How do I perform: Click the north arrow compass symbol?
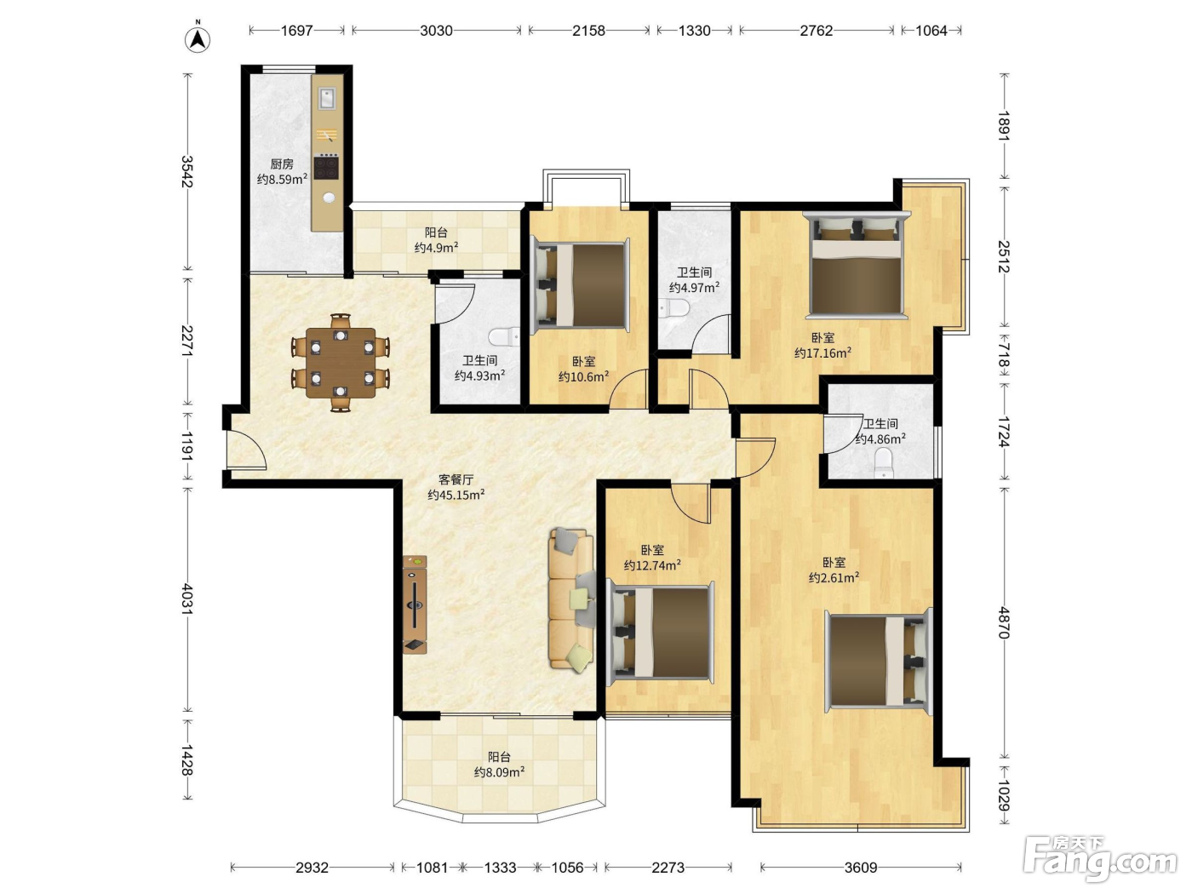(198, 38)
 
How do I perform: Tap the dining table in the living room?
(341, 363)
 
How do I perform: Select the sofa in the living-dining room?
(572, 599)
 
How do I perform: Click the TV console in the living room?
(415, 605)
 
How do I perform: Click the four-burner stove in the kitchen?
(327, 166)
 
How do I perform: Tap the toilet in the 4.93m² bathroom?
(504, 337)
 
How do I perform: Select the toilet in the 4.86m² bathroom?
(884, 463)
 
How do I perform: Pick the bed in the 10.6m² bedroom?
(581, 285)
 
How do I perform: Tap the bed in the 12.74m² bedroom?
(661, 633)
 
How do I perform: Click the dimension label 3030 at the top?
(436, 31)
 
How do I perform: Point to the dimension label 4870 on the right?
(1004, 622)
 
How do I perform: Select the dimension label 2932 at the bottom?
(312, 868)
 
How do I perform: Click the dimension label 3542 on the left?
(187, 171)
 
